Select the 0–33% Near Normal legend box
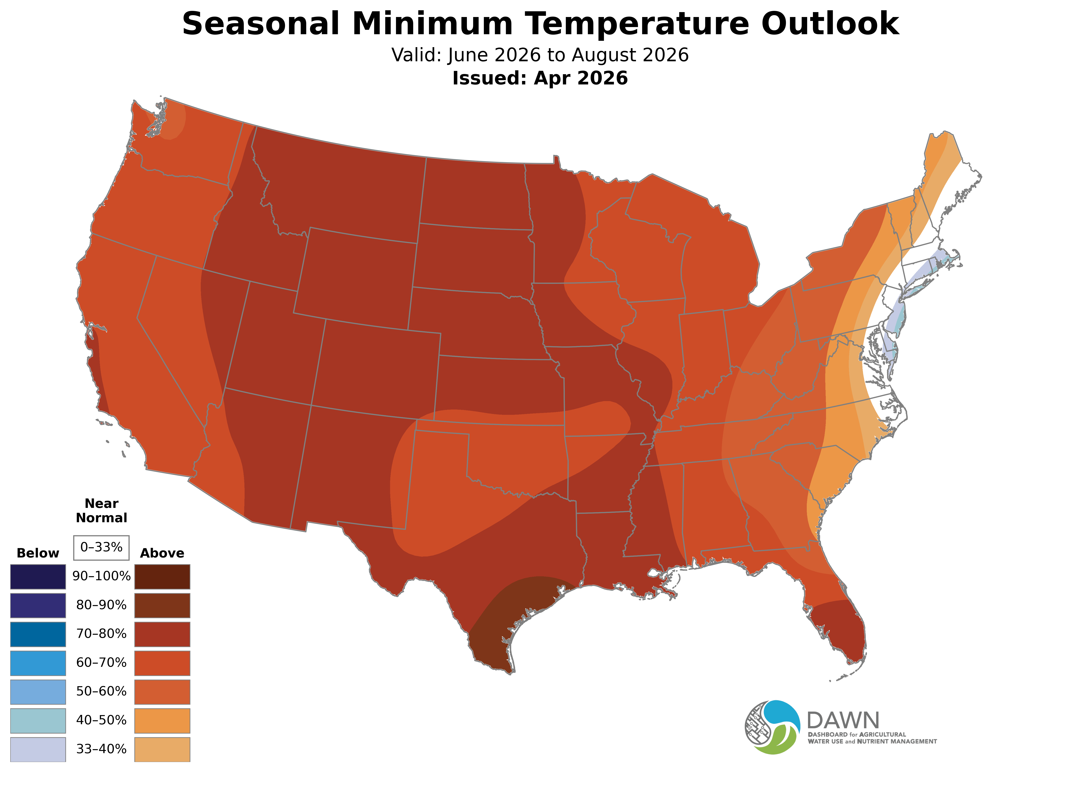101,548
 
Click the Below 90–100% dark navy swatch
38,577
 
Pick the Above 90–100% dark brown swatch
162,577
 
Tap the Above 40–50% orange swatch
162,721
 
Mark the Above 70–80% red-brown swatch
162,634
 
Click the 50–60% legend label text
101,691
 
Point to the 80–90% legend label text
101,605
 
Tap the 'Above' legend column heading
162,553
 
